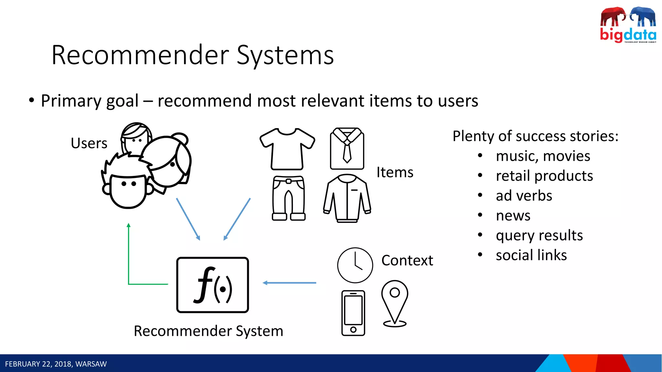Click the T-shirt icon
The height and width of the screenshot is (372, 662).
[287, 149]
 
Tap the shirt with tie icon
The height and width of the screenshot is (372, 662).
[347, 149]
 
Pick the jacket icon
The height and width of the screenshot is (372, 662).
[347, 198]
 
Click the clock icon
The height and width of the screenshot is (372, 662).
[355, 265]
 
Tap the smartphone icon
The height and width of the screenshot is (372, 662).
[353, 313]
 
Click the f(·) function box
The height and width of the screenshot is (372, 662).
[212, 285]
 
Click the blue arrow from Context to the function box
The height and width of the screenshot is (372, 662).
[289, 283]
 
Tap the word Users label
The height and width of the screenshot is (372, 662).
[89, 143]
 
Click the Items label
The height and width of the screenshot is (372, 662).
[395, 172]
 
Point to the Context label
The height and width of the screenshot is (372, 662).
[407, 260]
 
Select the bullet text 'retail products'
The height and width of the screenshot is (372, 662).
[544, 176]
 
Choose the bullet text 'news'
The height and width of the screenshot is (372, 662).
[513, 216]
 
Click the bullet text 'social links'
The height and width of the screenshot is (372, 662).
[531, 255]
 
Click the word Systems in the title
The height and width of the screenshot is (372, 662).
[285, 55]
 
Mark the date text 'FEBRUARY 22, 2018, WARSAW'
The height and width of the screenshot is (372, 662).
[56, 364]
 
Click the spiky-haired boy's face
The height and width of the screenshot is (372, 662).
[128, 191]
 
